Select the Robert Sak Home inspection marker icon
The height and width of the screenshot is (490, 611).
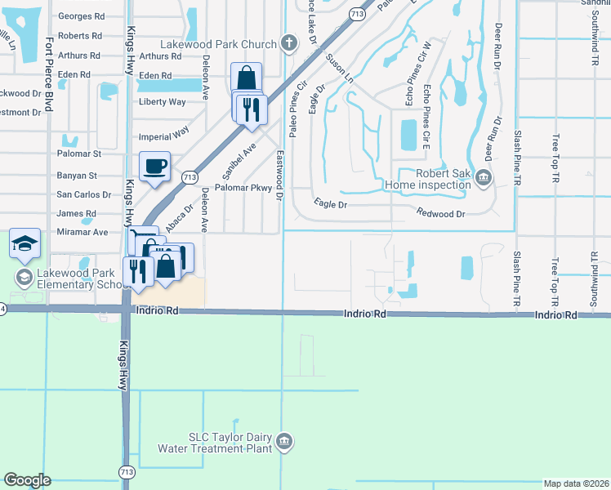(483, 177)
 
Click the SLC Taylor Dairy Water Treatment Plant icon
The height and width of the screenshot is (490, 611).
(283, 443)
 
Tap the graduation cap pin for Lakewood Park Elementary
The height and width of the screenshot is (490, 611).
(25, 243)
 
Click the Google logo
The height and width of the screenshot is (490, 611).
(27, 480)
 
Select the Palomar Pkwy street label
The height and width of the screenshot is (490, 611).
(243, 188)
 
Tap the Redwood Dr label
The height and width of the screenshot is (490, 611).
(439, 213)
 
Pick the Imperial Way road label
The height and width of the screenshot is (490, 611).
(165, 130)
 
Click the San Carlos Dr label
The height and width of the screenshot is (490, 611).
(83, 194)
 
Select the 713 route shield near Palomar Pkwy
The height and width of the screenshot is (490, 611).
(190, 176)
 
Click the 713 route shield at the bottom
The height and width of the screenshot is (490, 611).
(127, 472)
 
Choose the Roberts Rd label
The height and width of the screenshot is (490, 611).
(80, 36)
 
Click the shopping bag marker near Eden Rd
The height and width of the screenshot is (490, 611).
(246, 79)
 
